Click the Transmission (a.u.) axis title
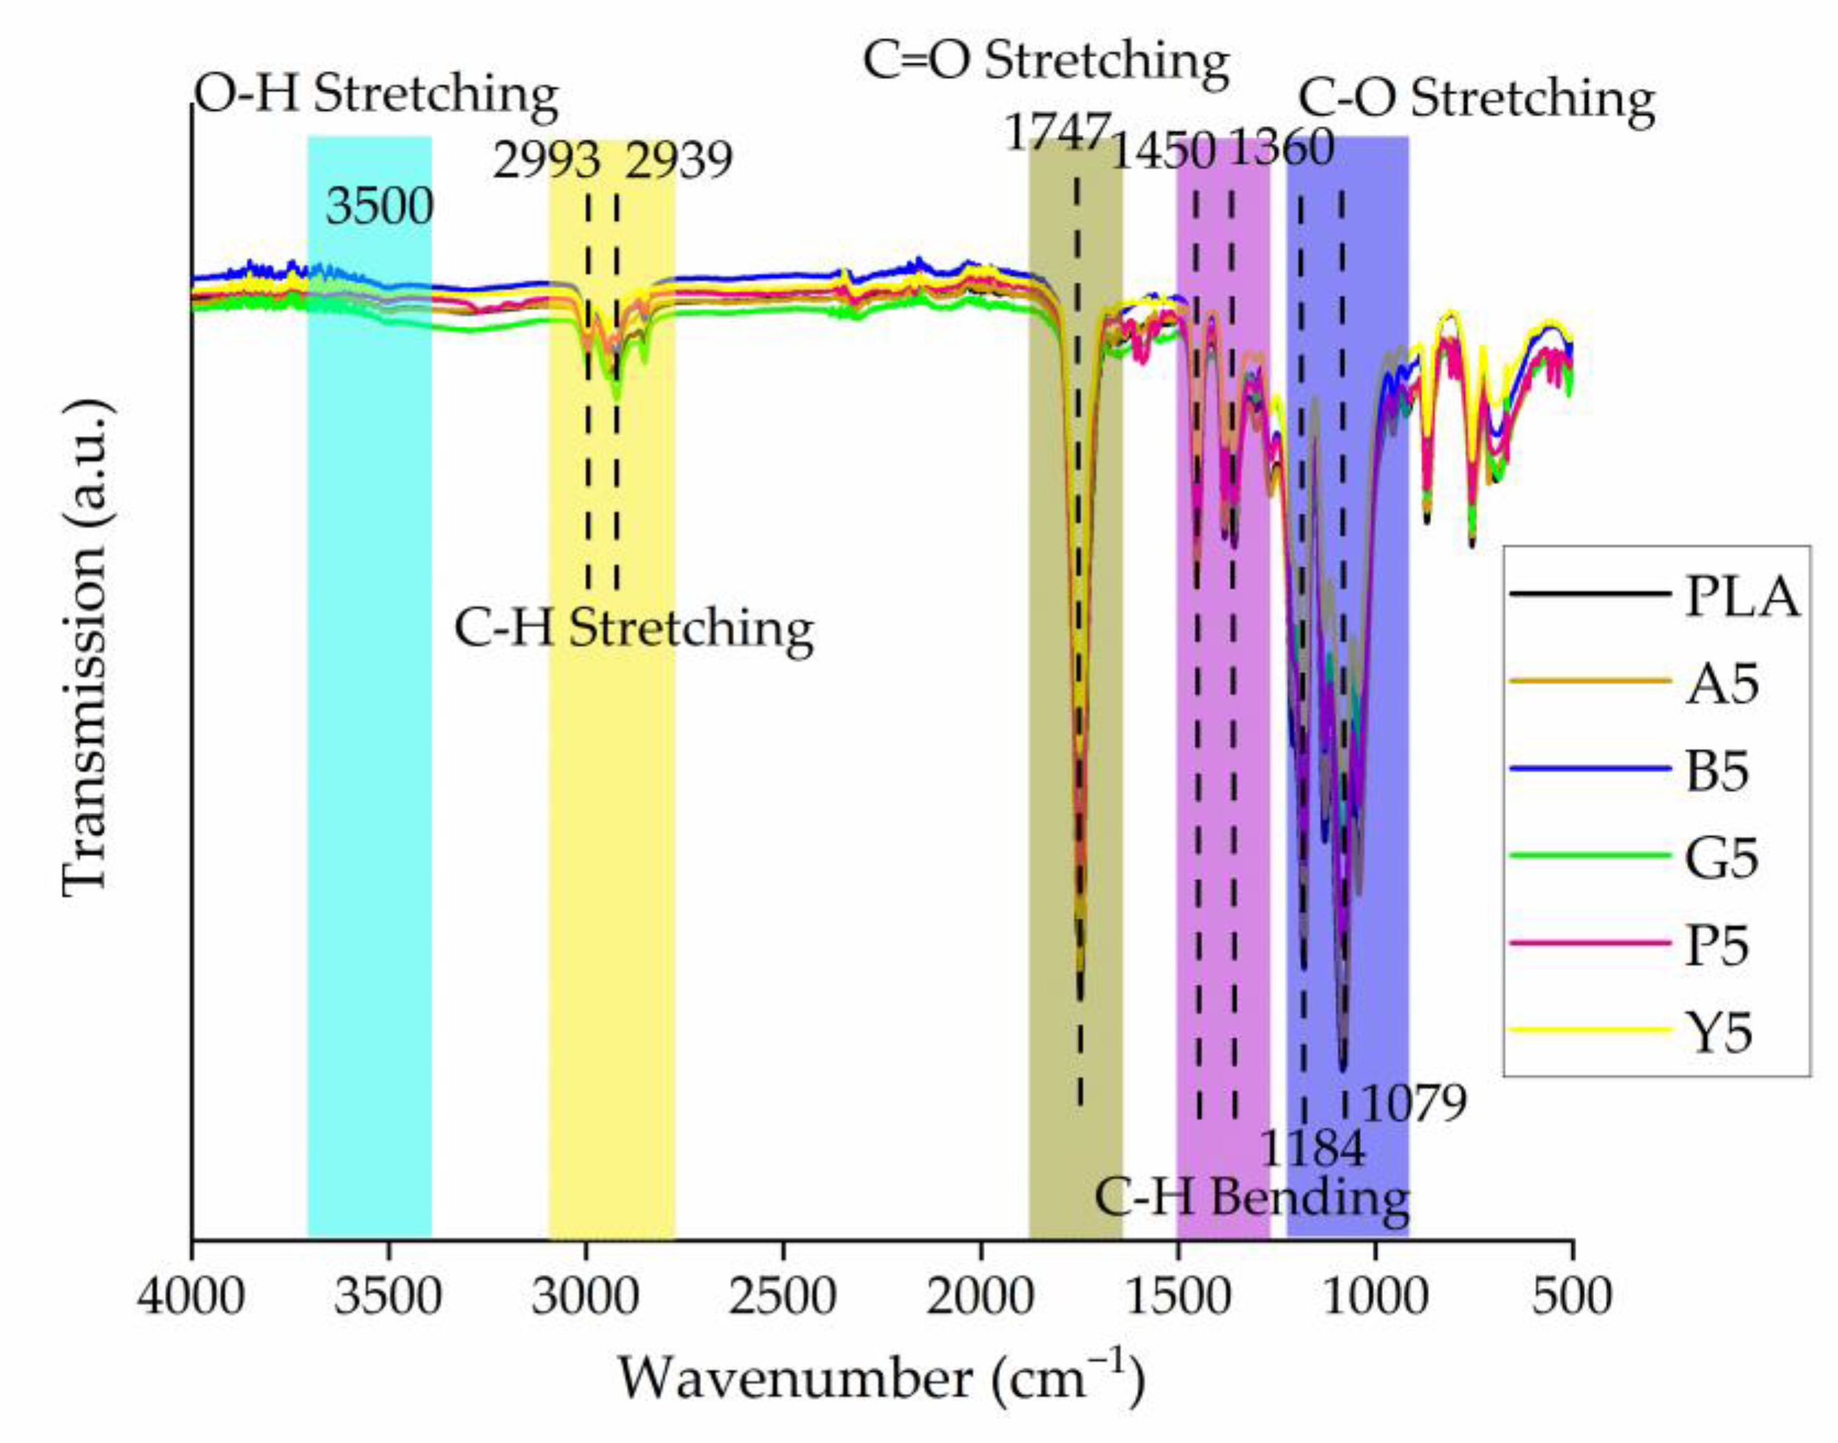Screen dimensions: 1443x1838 [87, 646]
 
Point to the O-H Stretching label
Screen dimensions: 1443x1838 [377, 95]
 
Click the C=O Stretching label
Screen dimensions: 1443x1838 [1046, 62]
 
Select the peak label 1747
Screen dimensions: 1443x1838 [1056, 133]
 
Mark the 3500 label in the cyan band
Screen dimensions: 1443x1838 [380, 206]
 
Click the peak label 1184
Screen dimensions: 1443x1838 [1312, 1149]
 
